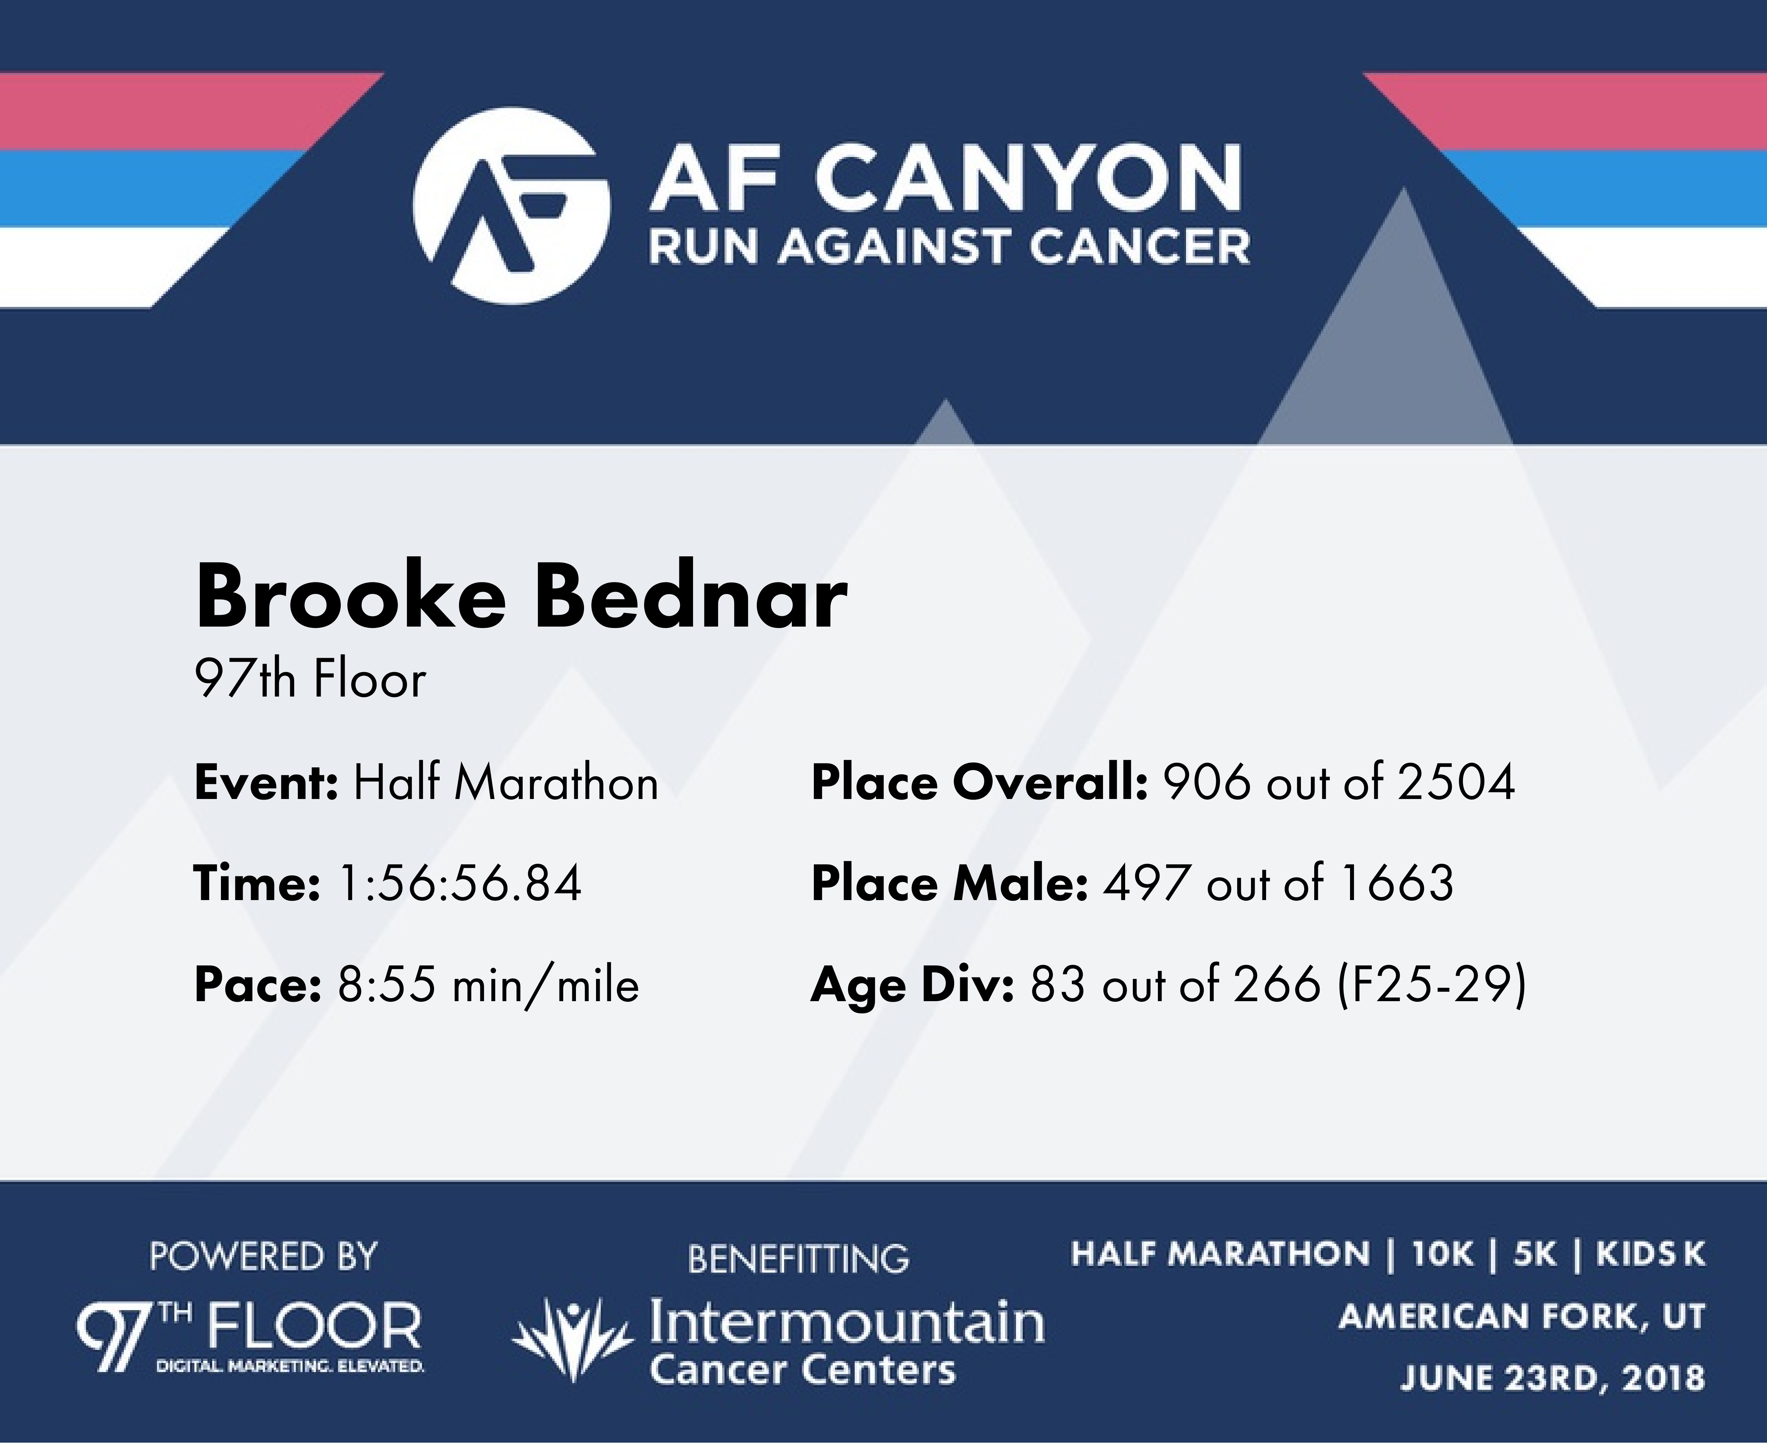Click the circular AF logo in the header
click(511, 206)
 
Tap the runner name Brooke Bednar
click(521, 596)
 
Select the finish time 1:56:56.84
click(459, 884)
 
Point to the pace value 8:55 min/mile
click(488, 985)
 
